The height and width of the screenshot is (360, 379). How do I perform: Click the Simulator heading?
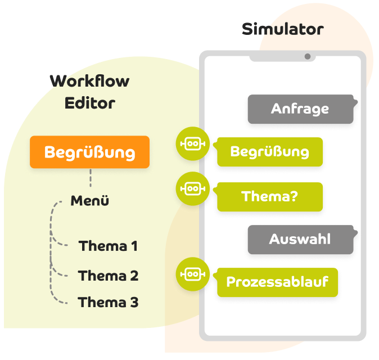point(283,29)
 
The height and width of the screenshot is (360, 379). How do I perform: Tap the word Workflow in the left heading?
point(89,82)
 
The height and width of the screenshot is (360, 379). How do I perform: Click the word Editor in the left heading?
point(89,103)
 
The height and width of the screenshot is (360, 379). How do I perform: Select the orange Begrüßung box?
point(90,152)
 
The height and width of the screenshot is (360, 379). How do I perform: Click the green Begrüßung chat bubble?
point(269,152)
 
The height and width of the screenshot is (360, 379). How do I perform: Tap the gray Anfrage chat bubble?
point(300,109)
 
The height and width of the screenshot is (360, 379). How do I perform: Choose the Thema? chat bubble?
point(269,197)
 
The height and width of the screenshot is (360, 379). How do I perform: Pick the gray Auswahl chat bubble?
point(300,239)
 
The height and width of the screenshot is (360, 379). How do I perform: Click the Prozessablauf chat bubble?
point(277,282)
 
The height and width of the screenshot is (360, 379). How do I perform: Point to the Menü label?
point(89,201)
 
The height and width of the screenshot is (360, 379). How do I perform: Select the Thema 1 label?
point(108,246)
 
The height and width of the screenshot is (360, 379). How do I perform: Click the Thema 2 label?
point(108,276)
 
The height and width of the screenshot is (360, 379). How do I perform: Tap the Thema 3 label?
point(108,302)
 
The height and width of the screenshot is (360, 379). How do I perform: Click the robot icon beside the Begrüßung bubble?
point(192,144)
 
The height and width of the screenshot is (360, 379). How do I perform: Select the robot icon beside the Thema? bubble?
point(192,189)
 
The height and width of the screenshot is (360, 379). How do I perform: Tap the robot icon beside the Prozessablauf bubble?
point(192,274)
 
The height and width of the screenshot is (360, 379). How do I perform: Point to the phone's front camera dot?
point(308,56)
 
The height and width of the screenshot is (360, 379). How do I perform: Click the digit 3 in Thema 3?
point(133,302)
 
